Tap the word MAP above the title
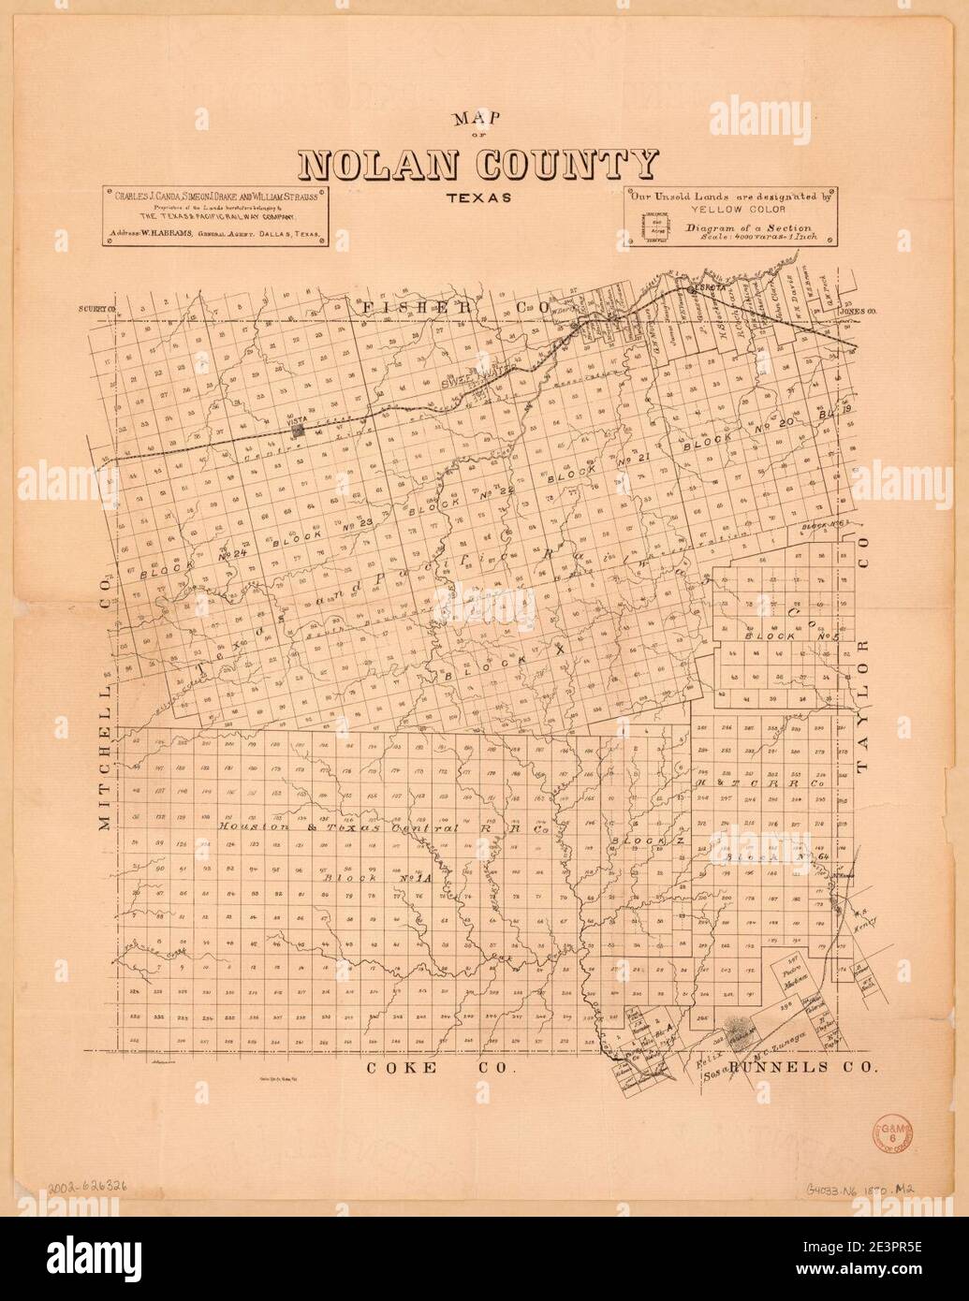tap(477, 120)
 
